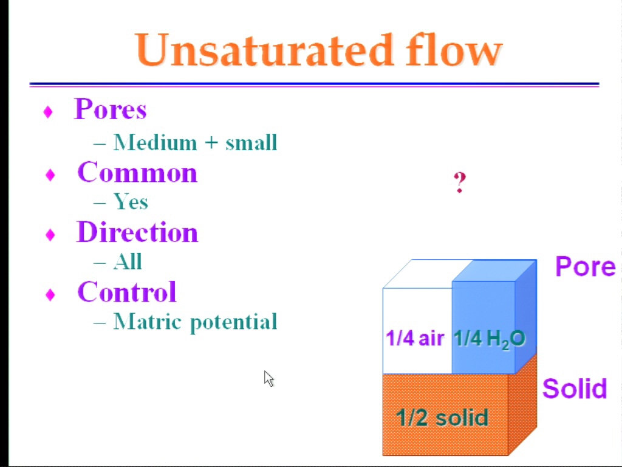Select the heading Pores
click(111, 108)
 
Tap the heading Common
click(137, 172)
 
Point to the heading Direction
click(137, 232)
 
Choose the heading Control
click(127, 291)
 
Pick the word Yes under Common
click(131, 201)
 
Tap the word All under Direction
click(128, 261)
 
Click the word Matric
click(148, 321)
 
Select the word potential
click(233, 322)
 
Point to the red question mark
click(459, 182)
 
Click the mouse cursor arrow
click(268, 378)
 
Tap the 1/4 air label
click(415, 338)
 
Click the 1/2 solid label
click(442, 418)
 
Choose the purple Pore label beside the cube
click(585, 266)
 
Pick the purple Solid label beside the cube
click(575, 388)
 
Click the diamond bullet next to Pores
click(48, 112)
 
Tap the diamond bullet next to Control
click(50, 295)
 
